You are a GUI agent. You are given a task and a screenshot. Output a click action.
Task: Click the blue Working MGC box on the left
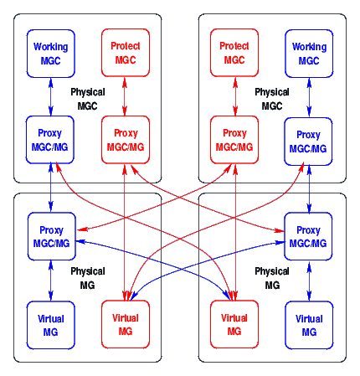[x=51, y=54]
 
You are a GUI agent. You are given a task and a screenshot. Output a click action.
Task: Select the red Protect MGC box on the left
[x=125, y=54]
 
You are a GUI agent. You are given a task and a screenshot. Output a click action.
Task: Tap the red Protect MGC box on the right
[x=235, y=54]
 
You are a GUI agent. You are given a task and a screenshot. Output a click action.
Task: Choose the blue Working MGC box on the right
[x=309, y=54]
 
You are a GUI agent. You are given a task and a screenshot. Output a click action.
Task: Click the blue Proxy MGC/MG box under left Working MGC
[x=51, y=140]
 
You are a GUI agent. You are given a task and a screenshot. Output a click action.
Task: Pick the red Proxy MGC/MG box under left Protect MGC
[x=125, y=140]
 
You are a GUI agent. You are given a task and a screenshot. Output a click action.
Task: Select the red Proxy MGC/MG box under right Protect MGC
[x=235, y=140]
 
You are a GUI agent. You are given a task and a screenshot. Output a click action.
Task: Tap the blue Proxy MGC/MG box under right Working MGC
[x=309, y=140]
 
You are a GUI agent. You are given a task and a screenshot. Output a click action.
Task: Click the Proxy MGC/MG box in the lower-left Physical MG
[x=51, y=236]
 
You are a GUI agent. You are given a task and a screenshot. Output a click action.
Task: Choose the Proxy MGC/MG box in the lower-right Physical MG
[x=309, y=236]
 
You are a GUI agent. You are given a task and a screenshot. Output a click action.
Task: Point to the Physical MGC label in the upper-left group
[x=88, y=99]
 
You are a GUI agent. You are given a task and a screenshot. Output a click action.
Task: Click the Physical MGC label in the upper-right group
[x=272, y=99]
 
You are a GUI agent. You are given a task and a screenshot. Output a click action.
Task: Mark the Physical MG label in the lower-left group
[x=88, y=278]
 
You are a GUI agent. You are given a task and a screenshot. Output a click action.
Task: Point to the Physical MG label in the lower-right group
[x=272, y=278]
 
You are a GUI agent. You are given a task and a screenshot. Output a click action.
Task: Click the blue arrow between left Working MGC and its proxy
[x=51, y=96]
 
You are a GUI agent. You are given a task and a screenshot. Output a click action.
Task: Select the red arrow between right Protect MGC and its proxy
[x=235, y=96]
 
